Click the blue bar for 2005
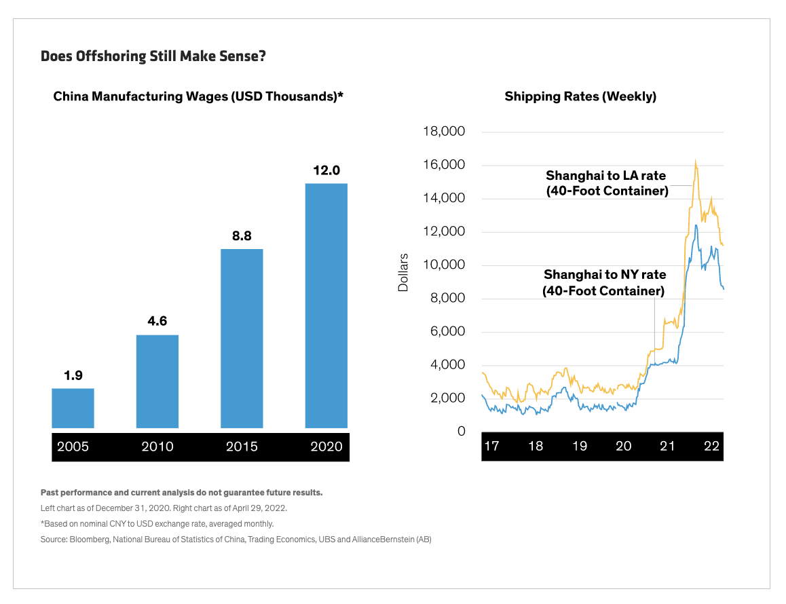tap(73, 408)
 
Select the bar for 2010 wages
tap(157, 381)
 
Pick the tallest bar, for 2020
tap(326, 305)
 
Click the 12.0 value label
tap(326, 170)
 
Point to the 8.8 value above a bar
tap(242, 236)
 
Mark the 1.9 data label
tap(73, 375)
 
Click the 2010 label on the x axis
tap(157, 447)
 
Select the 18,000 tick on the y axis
tap(443, 132)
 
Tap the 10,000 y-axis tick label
tap(443, 265)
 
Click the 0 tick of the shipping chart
tap(462, 431)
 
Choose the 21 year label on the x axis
tap(668, 446)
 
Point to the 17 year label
tap(491, 446)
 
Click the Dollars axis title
tap(403, 273)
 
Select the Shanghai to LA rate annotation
tap(607, 183)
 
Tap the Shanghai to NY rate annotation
tap(604, 283)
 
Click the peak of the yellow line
tap(696, 162)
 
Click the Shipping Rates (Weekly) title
tap(580, 96)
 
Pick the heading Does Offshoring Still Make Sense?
tap(153, 56)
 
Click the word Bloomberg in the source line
tap(88, 540)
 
